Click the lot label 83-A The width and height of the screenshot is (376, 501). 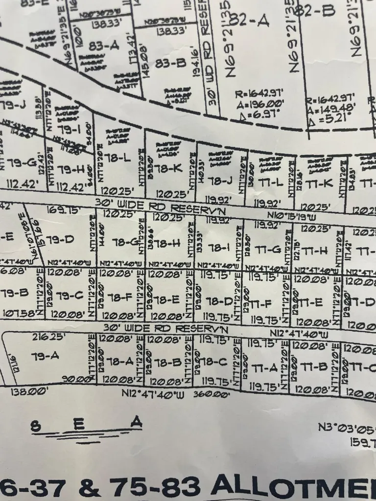pyautogui.click(x=104, y=46)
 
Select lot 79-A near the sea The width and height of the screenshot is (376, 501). pyautogui.click(x=45, y=356)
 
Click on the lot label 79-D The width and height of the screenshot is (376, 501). pyautogui.click(x=61, y=239)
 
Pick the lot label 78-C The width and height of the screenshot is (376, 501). pyautogui.click(x=214, y=362)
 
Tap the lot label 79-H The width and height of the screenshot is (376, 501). pyautogui.click(x=71, y=169)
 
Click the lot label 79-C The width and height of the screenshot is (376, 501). pyautogui.click(x=70, y=296)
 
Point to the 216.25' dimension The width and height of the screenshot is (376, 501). pyautogui.click(x=43, y=338)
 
